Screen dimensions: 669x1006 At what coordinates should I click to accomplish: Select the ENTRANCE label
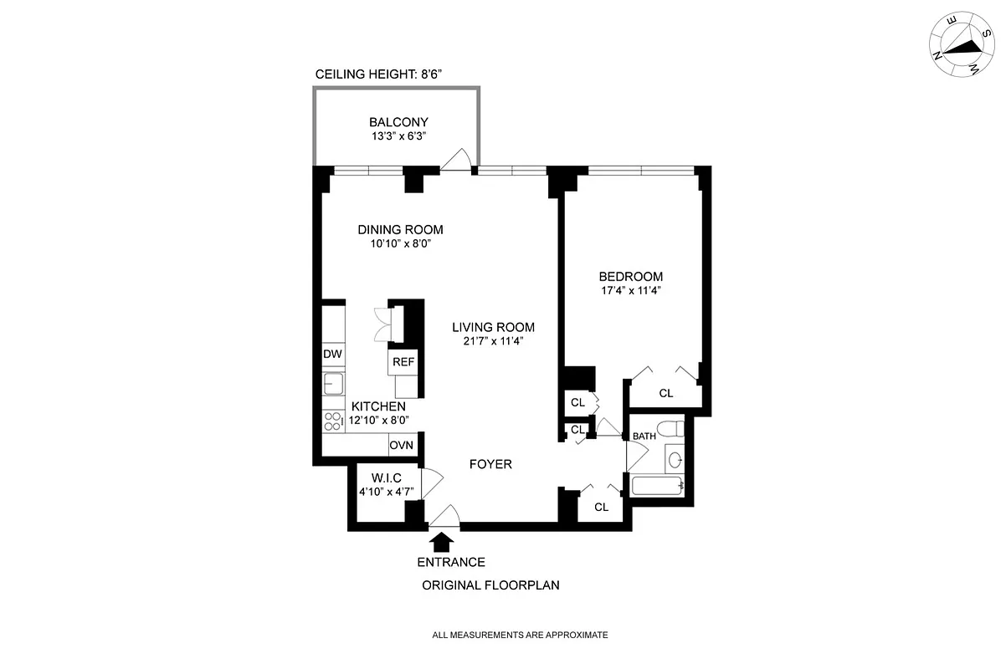tap(451, 562)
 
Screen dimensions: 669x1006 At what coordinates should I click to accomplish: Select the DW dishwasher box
tap(333, 354)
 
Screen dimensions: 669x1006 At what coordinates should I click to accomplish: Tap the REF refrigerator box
tap(403, 361)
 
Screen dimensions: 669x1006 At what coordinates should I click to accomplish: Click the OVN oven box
tap(401, 443)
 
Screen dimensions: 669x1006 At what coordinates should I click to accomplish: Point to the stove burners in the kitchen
tap(333, 421)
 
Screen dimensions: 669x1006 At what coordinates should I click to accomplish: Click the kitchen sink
tap(333, 385)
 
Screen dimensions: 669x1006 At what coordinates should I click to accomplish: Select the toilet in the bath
tap(670, 430)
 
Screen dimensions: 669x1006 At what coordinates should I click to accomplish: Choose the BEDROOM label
tap(630, 277)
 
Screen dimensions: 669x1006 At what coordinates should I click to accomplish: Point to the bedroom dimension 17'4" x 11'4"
tap(630, 292)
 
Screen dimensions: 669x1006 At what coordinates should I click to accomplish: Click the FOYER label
tap(490, 464)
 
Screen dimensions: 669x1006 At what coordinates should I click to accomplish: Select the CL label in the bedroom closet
tap(665, 393)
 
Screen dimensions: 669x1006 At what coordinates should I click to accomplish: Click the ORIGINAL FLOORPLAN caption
tap(490, 585)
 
